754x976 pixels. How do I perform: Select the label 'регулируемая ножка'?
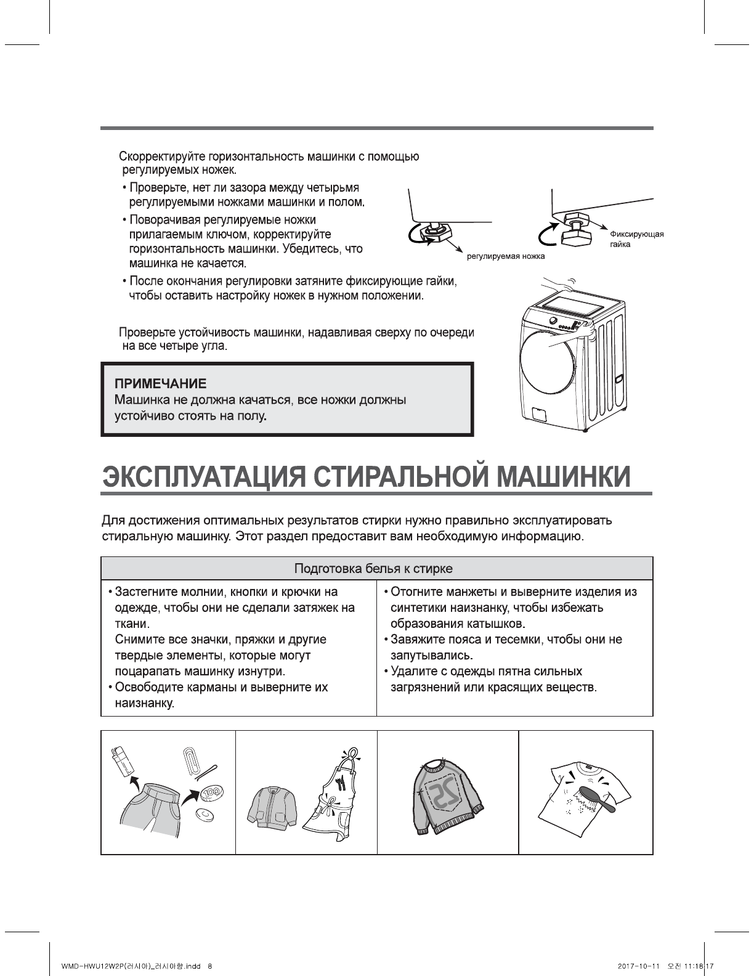tap(506, 256)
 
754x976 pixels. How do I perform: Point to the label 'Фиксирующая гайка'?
tap(636, 239)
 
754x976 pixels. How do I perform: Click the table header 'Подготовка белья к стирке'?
tap(373, 568)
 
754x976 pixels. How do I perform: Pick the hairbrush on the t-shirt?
tap(593, 792)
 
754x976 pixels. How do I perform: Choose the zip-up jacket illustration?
tap(272, 807)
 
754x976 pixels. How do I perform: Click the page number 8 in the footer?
tap(210, 966)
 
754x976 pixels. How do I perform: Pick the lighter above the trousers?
tap(123, 763)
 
